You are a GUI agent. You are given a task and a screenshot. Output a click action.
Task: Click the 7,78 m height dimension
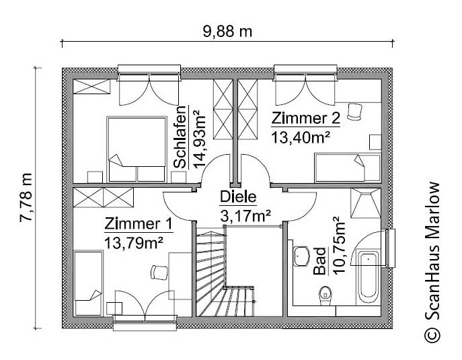click(26, 199)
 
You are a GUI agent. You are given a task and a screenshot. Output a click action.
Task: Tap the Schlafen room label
click(180, 137)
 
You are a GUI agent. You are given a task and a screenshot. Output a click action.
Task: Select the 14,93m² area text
click(199, 137)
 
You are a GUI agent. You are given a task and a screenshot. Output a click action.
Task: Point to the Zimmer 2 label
click(305, 119)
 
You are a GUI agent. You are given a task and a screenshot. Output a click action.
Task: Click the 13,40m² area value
click(300, 138)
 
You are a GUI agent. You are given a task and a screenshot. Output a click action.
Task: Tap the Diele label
click(238, 197)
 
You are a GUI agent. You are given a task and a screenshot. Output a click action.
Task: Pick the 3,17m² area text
click(245, 216)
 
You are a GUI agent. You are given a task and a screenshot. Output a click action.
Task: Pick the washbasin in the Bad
click(301, 256)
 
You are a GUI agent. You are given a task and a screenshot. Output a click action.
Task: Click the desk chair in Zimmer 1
click(159, 271)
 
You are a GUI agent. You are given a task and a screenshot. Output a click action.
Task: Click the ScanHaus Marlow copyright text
click(432, 262)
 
